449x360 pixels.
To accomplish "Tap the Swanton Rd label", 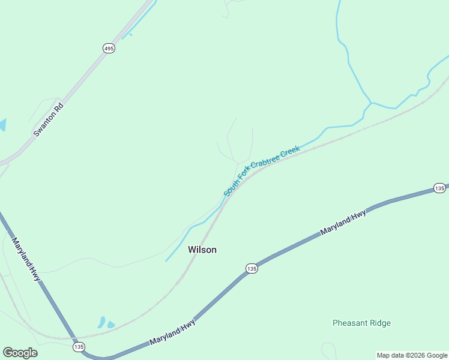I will coord(49,120).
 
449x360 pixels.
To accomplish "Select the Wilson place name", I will coord(202,250).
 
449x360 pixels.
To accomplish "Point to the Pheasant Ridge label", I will coord(361,323).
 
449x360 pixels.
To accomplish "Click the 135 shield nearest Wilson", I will coord(252,269).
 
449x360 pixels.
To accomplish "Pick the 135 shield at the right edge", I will coord(440,188).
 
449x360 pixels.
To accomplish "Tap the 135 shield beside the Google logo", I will coord(79,347).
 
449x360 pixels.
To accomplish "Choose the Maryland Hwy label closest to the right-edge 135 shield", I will coord(343,222).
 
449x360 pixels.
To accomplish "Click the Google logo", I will coord(20,353).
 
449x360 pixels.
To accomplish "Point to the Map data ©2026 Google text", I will coord(412,355).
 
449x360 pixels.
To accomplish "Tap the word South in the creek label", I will coord(229,189).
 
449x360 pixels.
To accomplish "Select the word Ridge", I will coord(379,323).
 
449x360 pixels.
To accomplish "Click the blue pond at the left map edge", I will coord(2,125).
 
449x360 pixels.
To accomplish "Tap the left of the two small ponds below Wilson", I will coord(101,322).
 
